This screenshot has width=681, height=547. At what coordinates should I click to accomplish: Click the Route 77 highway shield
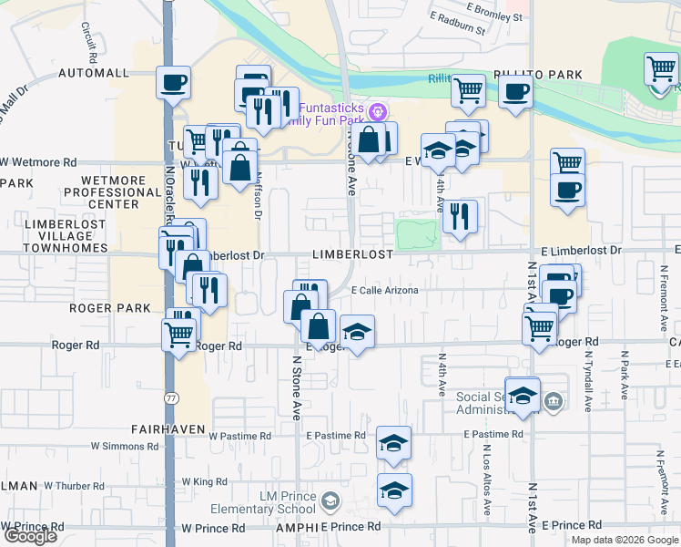point(171,398)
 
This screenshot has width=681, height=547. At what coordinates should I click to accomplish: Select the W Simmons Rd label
point(124,447)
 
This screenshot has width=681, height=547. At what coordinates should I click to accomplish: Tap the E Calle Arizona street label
point(384,291)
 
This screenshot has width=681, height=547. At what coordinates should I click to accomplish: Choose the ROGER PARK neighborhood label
point(102,308)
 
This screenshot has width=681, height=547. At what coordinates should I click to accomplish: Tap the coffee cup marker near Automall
point(172,84)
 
